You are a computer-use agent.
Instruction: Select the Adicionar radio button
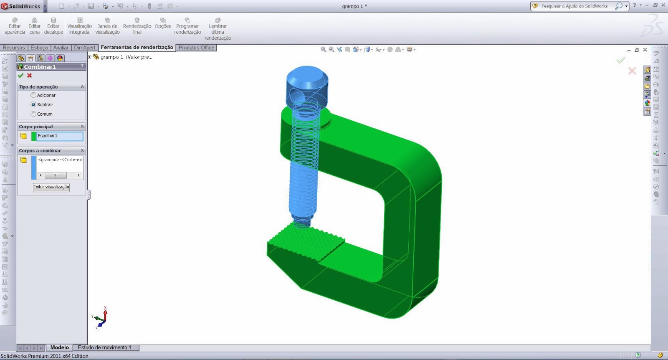(33, 95)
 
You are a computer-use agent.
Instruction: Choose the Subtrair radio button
(33, 105)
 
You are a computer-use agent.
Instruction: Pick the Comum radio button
(33, 114)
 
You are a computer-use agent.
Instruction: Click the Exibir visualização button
(51, 187)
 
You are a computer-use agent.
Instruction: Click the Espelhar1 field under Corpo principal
(60, 136)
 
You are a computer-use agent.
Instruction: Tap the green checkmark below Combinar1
(20, 76)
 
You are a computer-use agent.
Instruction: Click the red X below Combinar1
(29, 76)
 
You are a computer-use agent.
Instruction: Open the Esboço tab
(39, 48)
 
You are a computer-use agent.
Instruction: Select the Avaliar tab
(61, 48)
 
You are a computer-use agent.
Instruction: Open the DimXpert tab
(84, 48)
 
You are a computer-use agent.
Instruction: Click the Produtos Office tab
(196, 48)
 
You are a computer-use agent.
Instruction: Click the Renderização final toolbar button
(137, 26)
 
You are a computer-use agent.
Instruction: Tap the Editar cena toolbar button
(34, 26)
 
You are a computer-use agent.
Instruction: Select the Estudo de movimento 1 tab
(104, 347)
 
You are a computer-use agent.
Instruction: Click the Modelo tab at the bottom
(59, 347)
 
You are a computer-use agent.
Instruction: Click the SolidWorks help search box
(574, 6)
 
